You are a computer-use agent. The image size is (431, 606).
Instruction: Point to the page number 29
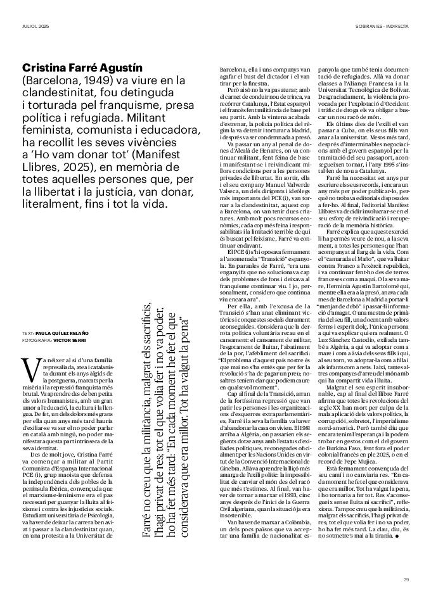click(x=406, y=577)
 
